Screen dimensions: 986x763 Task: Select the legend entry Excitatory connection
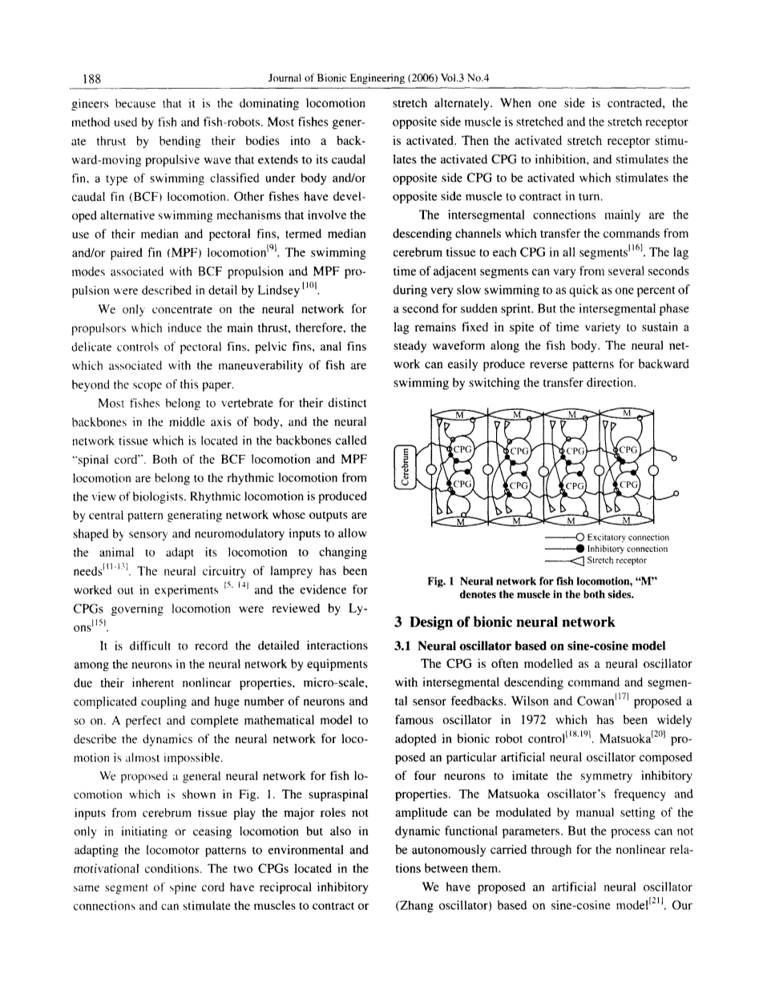coord(628,537)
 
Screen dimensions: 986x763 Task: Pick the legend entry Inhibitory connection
coord(628,549)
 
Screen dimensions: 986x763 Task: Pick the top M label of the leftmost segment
coord(460,413)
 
